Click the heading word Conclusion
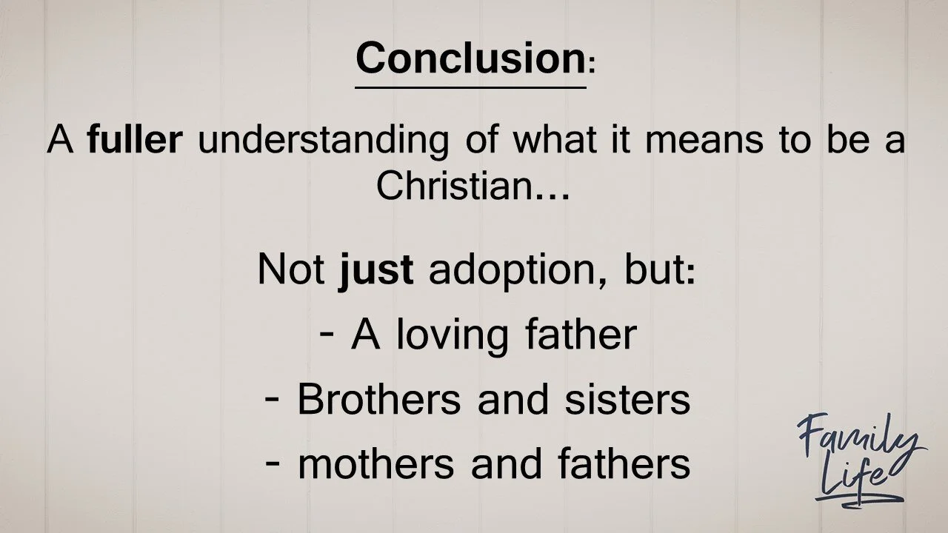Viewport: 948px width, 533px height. (x=470, y=57)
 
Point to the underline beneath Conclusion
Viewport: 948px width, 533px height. (x=470, y=87)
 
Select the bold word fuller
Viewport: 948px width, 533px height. (x=134, y=139)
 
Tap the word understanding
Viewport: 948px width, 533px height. (x=323, y=141)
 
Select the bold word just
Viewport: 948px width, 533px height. (x=376, y=270)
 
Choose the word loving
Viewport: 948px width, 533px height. (x=452, y=335)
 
